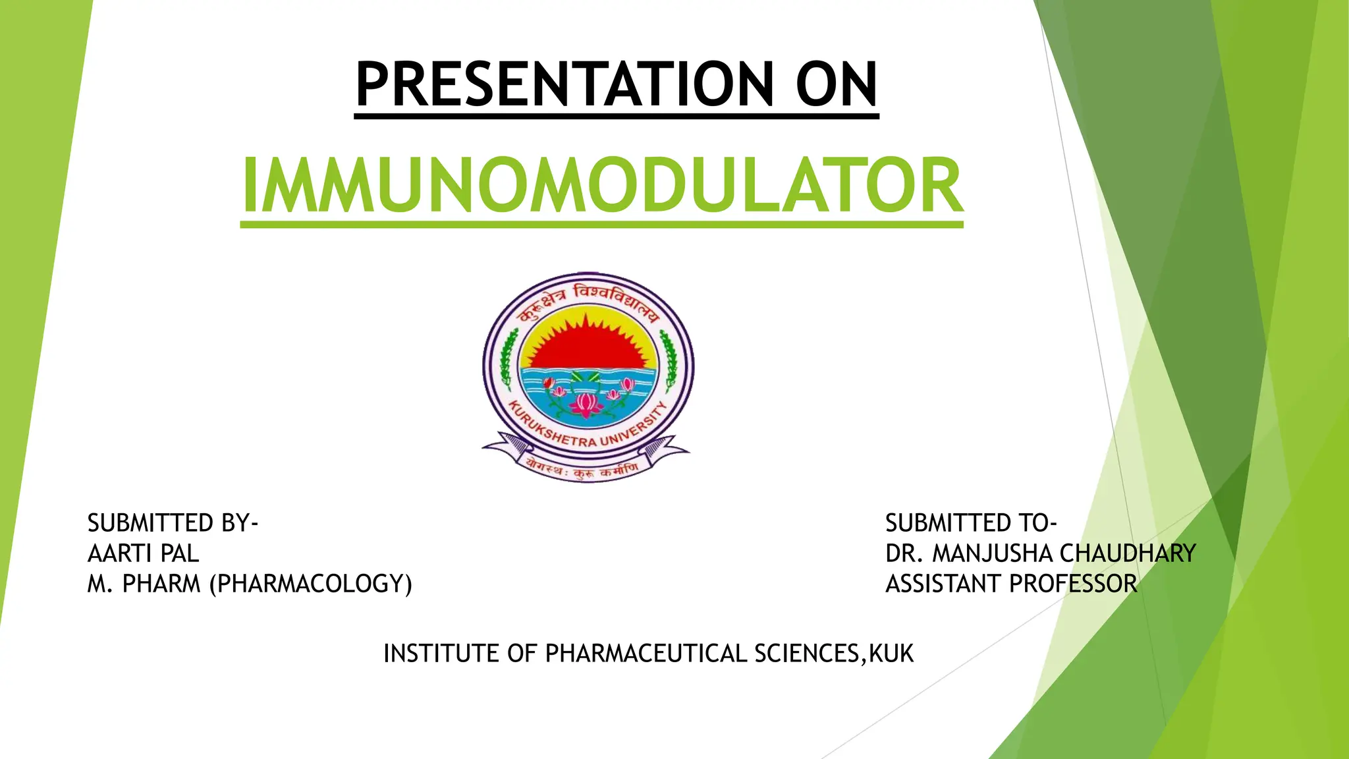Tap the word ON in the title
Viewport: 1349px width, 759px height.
[837, 84]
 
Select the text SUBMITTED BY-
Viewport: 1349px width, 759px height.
[173, 523]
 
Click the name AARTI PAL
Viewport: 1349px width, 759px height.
[143, 553]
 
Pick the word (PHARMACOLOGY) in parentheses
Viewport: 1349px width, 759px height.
[311, 584]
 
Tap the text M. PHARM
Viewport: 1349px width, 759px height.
[144, 584]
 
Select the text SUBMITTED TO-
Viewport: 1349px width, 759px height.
[970, 523]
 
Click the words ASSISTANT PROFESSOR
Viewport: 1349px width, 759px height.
[1011, 584]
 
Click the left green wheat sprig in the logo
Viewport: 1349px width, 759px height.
[507, 360]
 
